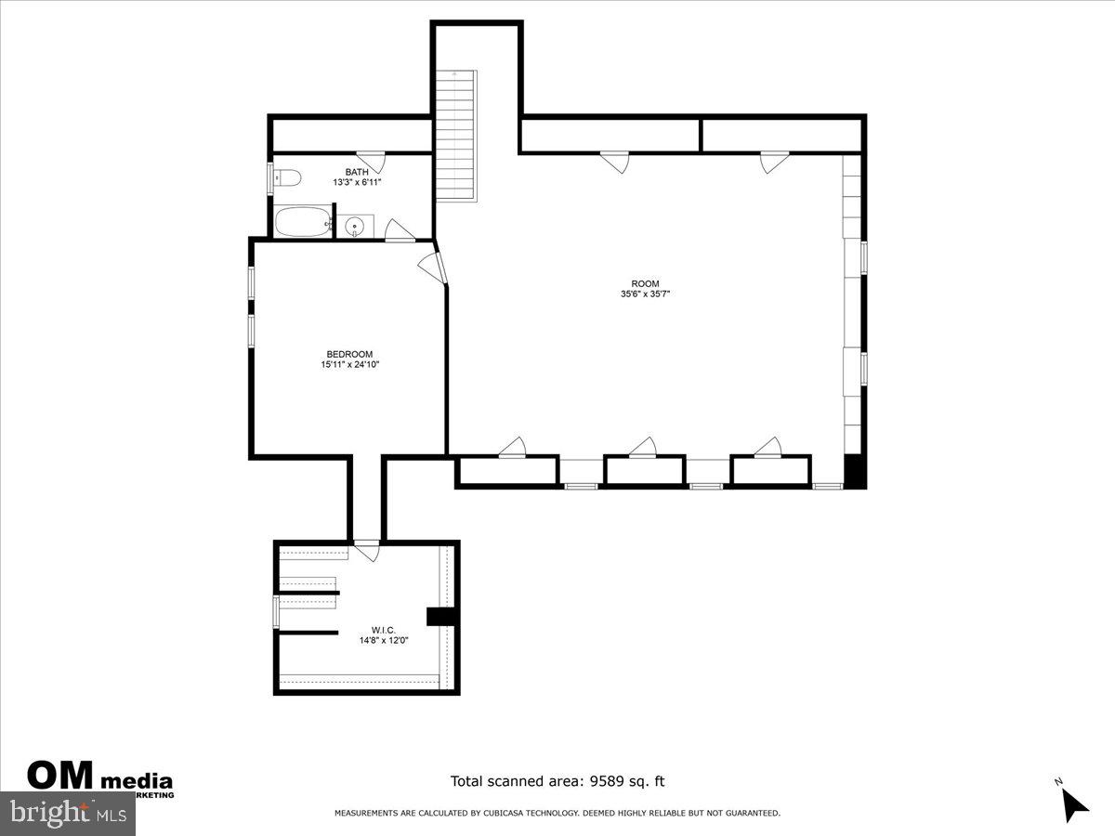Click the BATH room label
[x=357, y=172]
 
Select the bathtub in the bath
[x=302, y=223]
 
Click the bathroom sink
[x=354, y=226]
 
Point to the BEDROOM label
[x=349, y=354]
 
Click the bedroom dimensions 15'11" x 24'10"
[x=349, y=365]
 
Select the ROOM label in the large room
[x=645, y=283]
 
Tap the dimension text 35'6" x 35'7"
[x=645, y=294]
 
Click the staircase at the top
[x=456, y=135]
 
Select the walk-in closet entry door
[x=368, y=551]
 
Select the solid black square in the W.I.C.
[x=437, y=616]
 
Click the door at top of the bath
[x=371, y=159]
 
